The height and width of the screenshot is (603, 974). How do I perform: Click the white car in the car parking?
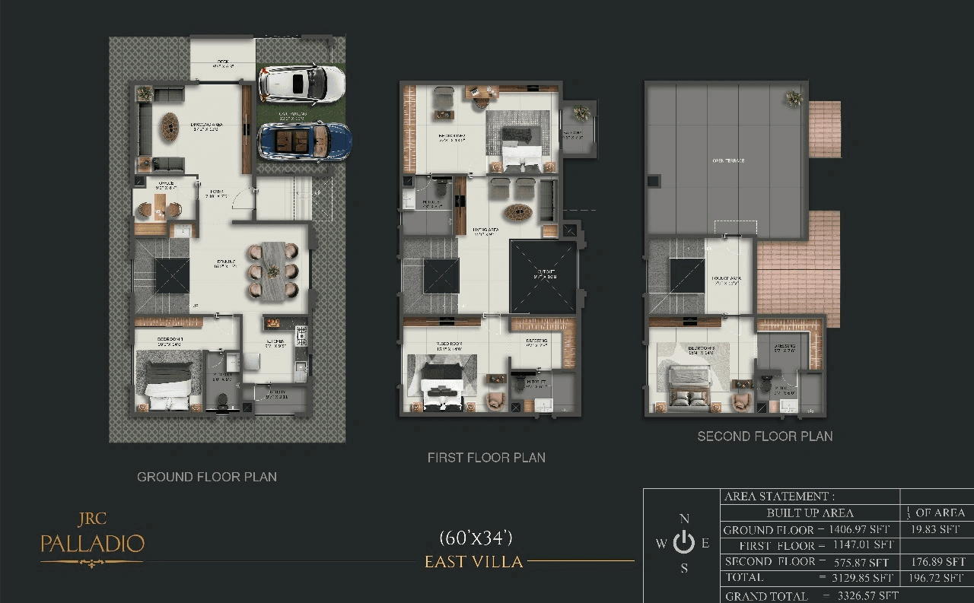(x=301, y=84)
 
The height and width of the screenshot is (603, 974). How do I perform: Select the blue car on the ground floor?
(x=304, y=141)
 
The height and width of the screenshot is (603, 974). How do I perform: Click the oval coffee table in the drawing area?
(x=169, y=124)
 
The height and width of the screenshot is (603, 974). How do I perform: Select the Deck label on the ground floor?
(x=222, y=62)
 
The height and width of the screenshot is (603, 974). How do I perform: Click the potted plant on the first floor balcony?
(x=581, y=113)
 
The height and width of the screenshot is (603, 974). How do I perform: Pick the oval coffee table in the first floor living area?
(x=517, y=211)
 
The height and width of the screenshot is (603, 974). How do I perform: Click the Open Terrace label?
(x=728, y=160)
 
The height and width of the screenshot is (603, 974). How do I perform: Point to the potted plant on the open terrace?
(x=794, y=97)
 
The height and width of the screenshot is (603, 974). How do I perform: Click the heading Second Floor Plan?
(x=765, y=436)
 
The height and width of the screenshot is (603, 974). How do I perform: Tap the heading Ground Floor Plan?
(x=207, y=477)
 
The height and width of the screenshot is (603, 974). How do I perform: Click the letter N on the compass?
(x=684, y=519)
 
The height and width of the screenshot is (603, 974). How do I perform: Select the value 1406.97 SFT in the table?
(x=858, y=529)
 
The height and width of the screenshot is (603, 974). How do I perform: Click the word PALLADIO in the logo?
(x=92, y=544)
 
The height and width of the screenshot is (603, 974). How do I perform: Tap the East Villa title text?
(x=473, y=562)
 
